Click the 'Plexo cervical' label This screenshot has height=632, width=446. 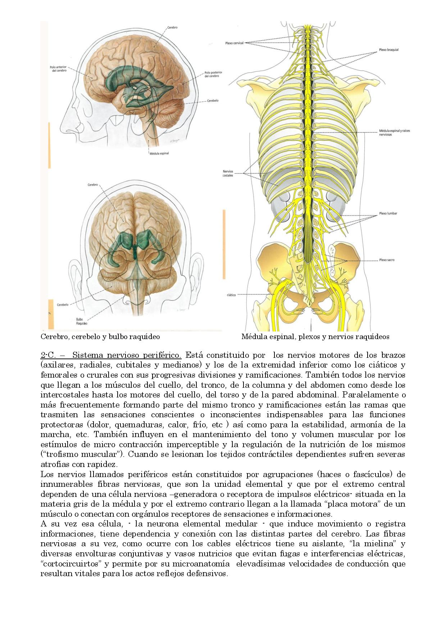click(234, 43)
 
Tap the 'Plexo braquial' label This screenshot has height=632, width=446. click(388, 50)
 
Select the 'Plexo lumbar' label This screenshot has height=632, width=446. click(388, 213)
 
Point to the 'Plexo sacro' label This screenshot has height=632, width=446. click(387, 260)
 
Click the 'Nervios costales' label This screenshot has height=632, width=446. click(228, 173)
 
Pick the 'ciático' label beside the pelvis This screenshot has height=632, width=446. click(231, 295)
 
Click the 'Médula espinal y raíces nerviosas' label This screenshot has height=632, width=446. click(394, 133)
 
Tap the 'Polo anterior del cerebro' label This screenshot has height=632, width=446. click(58, 68)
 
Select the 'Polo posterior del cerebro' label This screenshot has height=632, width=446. click(213, 74)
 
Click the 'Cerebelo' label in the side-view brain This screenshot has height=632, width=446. click(213, 101)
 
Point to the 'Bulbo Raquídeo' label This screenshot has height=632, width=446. click(82, 321)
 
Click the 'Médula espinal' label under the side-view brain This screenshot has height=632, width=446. click(159, 153)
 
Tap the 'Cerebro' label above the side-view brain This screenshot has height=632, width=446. click(172, 27)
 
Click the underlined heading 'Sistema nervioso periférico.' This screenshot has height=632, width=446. click(127, 355)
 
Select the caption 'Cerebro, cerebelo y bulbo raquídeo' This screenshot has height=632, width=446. click(100, 337)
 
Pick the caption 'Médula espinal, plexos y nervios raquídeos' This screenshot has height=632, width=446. click(315, 337)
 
